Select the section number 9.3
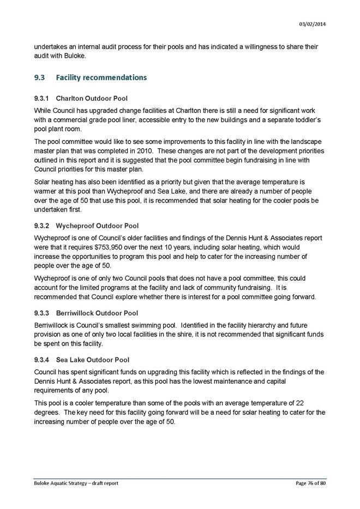tap(39, 78)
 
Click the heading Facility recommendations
tap(101, 78)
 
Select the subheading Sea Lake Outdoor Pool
tap(92, 360)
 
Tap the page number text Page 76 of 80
tap(308, 483)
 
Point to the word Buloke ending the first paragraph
tap(71, 55)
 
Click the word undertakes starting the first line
tap(51, 46)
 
